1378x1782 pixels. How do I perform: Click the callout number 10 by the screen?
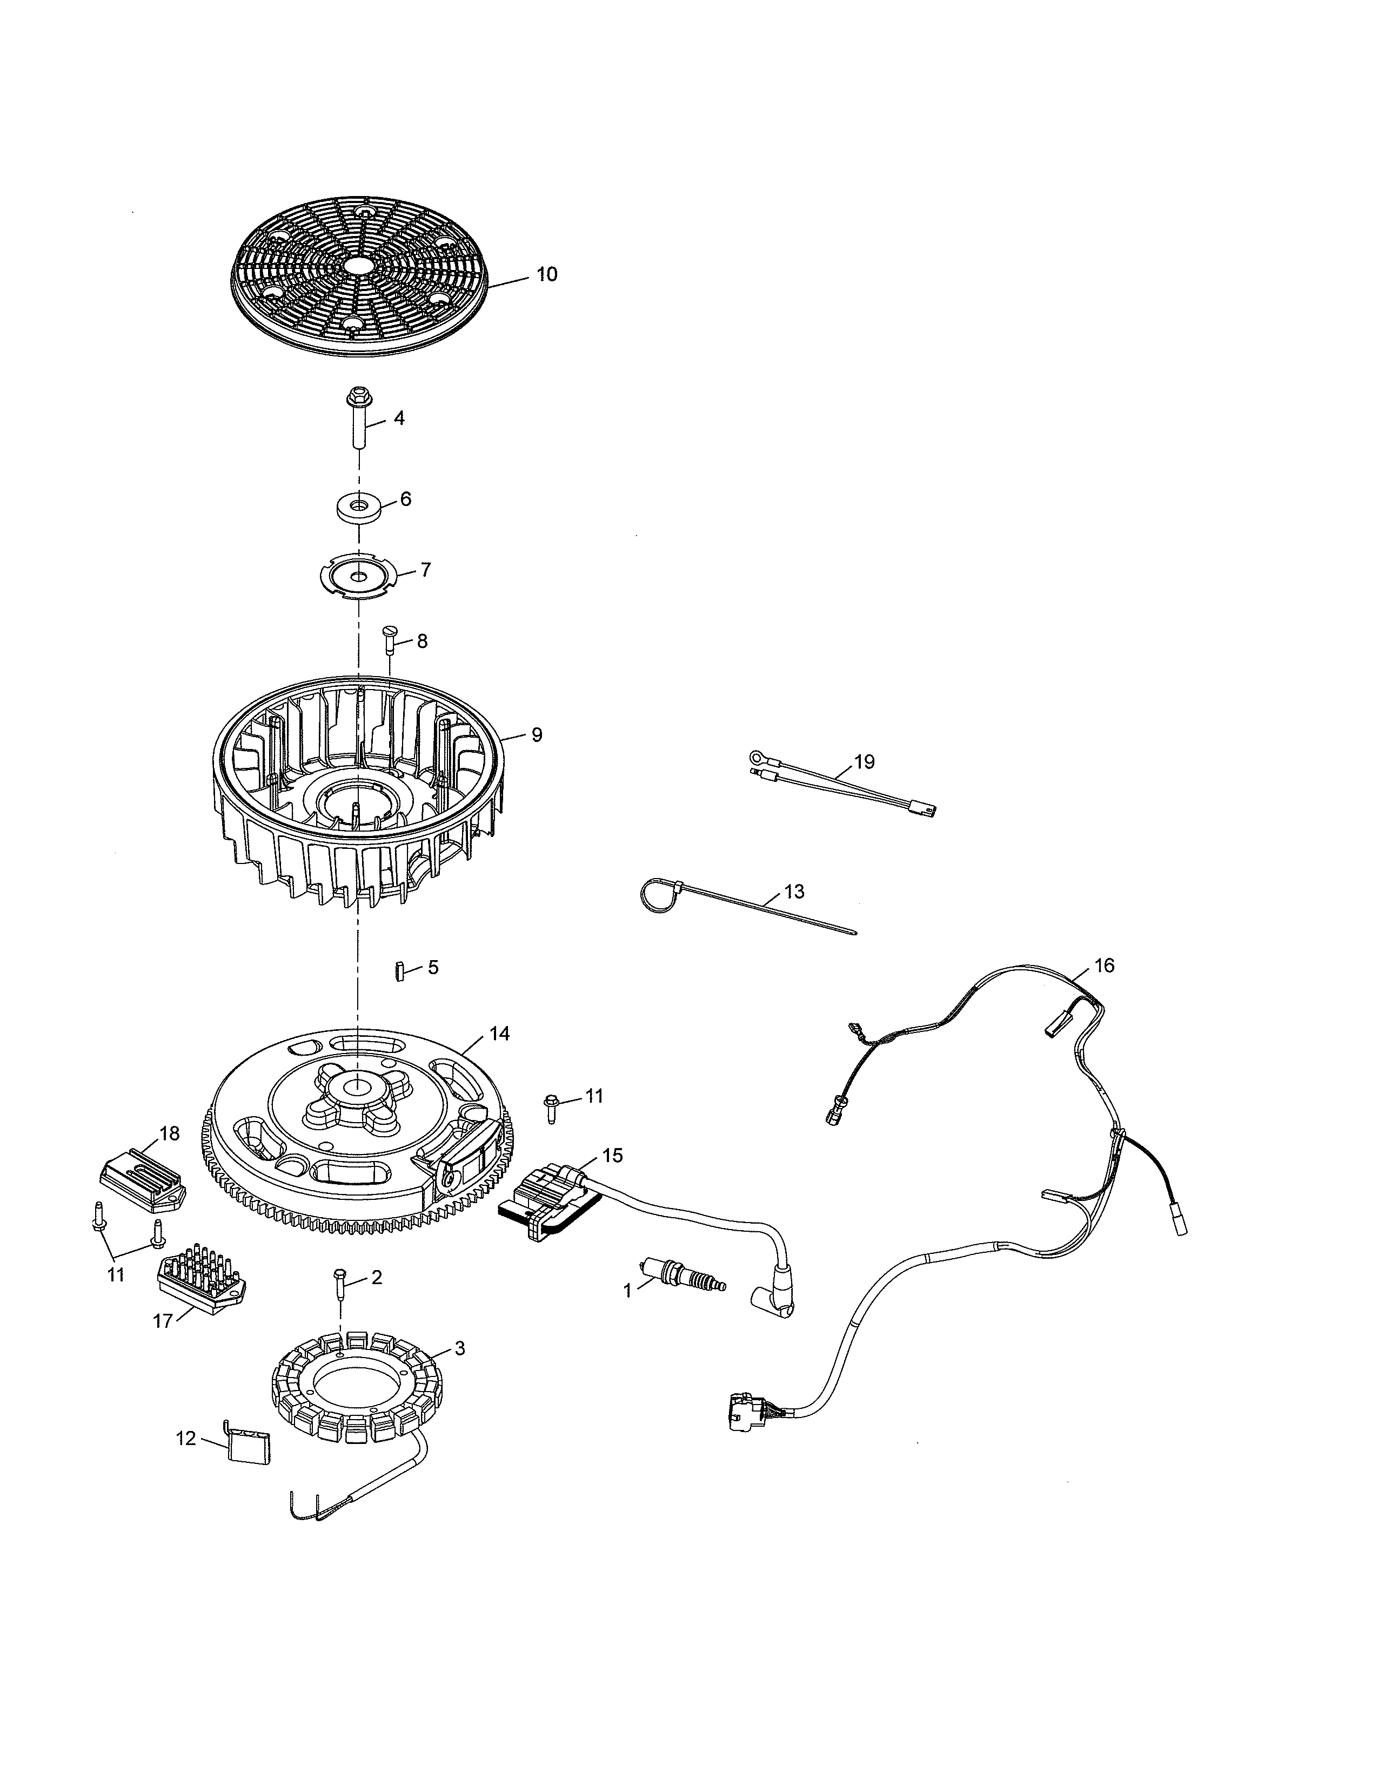pyautogui.click(x=546, y=274)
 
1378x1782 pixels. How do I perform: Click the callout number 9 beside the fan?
pyautogui.click(x=537, y=734)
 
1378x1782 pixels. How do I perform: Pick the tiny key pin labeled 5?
pyautogui.click(x=400, y=972)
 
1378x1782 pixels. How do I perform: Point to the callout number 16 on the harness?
pyautogui.click(x=1103, y=966)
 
